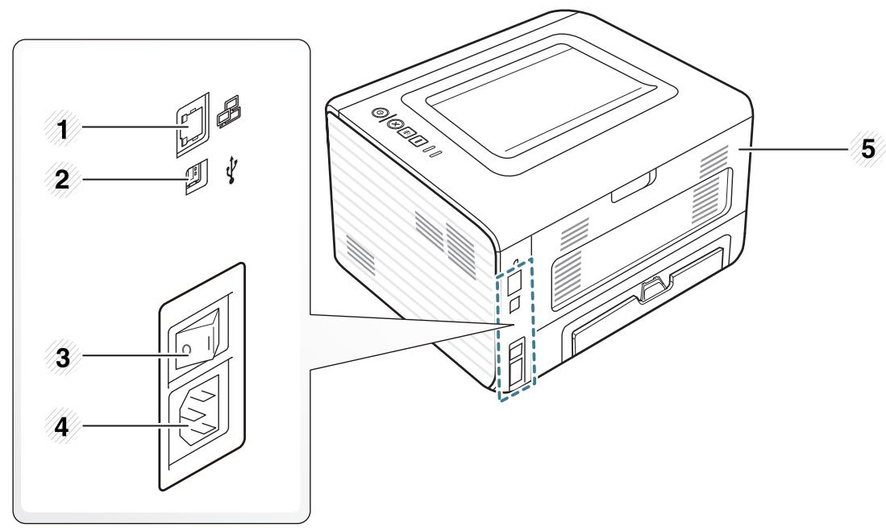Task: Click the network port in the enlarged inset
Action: point(189,127)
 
